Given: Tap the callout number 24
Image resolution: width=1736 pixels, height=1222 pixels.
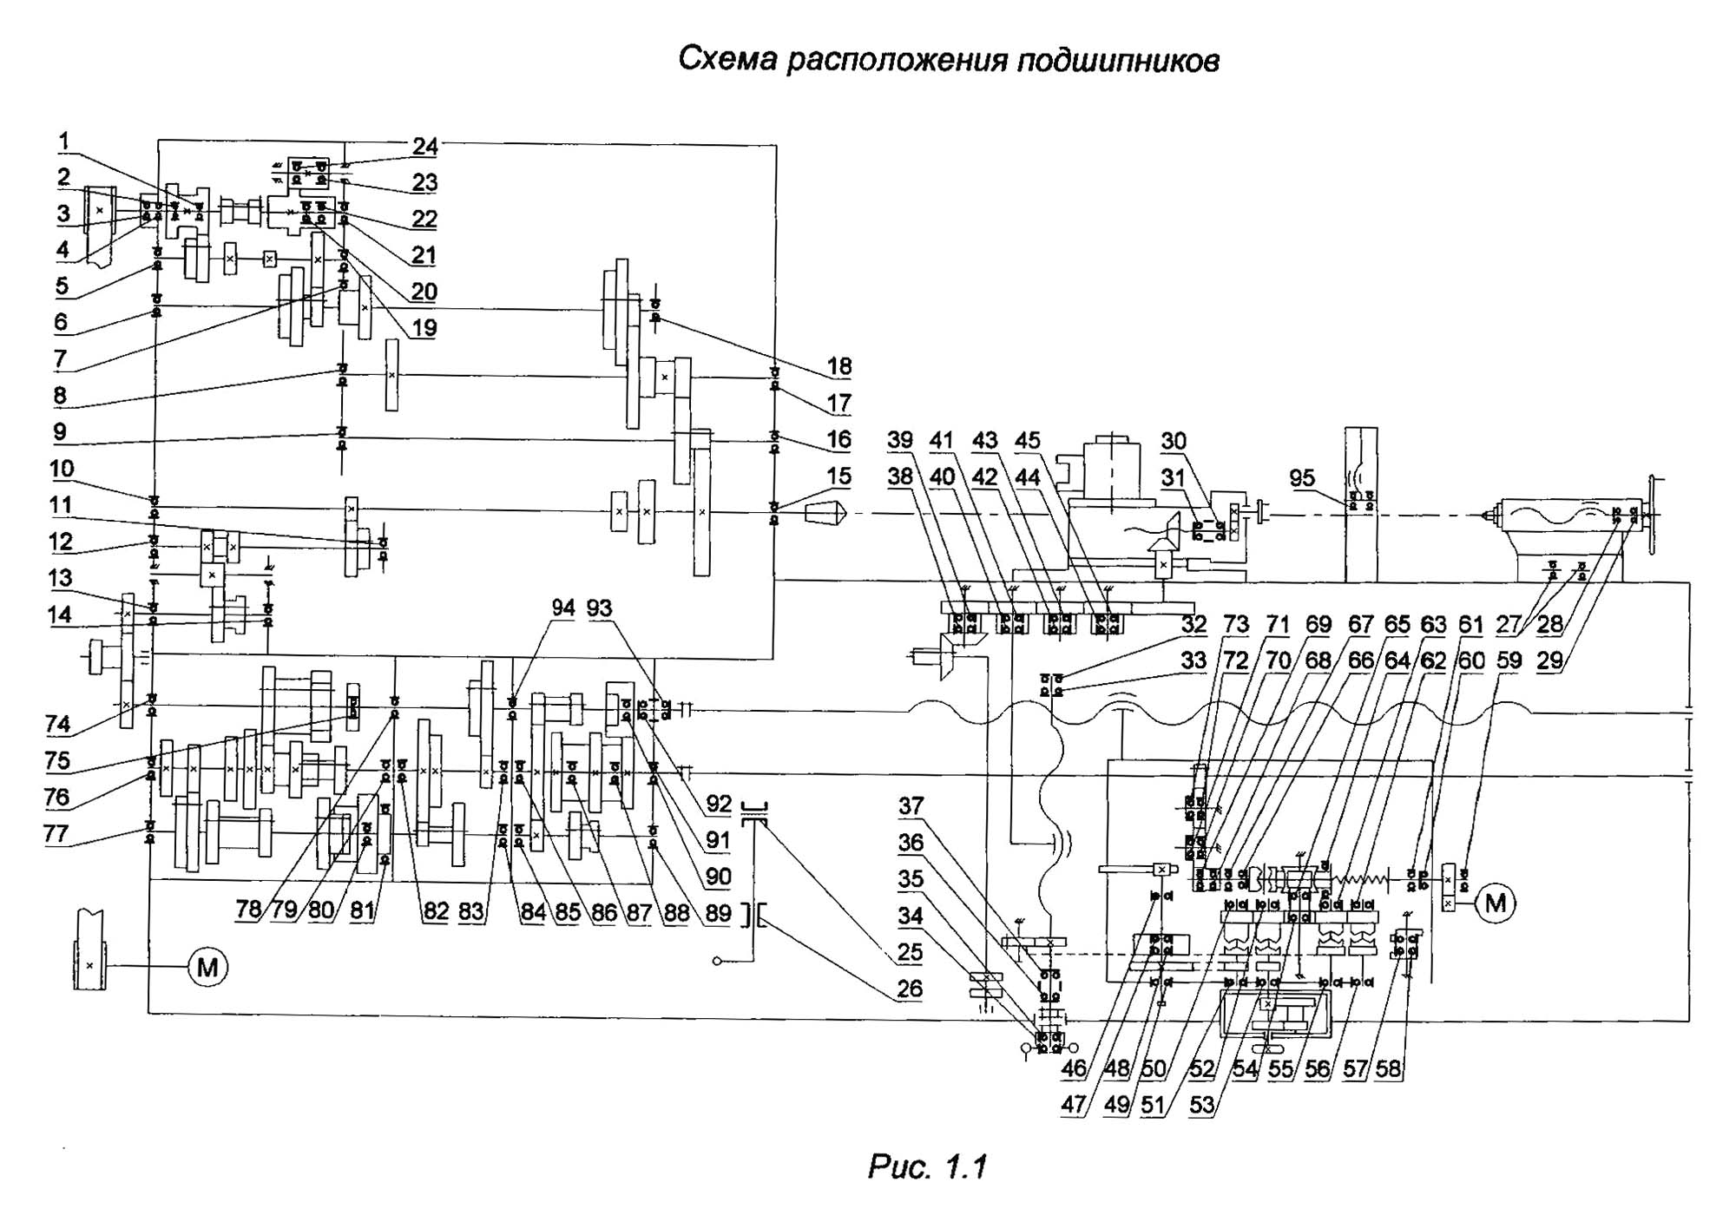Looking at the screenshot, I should (424, 146).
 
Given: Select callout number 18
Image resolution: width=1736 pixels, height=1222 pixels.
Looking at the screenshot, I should (838, 366).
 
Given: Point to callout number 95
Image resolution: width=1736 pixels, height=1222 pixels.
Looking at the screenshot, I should (1302, 477).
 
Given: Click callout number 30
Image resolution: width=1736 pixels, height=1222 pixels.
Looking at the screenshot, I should (1174, 441).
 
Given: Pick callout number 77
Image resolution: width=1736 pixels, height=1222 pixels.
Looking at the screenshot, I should (56, 833).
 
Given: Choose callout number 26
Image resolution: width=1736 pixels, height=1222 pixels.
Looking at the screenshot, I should (910, 989).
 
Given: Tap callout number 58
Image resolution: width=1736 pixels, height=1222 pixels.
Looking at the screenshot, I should (1388, 1068).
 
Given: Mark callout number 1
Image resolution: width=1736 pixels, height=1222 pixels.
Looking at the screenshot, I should (64, 141).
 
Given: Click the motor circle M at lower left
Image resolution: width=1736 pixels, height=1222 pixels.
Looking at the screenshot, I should (207, 966).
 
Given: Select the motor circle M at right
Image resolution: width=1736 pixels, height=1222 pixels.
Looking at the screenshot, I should (1496, 903).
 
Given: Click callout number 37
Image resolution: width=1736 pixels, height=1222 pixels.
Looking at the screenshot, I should (911, 806).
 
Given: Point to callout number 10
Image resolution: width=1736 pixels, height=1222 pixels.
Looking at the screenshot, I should (62, 469).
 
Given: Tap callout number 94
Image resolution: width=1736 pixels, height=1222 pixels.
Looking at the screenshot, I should (563, 608).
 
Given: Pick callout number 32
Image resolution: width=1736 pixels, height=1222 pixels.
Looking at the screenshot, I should (1193, 624).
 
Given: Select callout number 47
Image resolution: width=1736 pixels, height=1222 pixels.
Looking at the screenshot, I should (1073, 1105).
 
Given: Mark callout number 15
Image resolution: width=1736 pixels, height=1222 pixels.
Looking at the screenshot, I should (838, 476).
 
